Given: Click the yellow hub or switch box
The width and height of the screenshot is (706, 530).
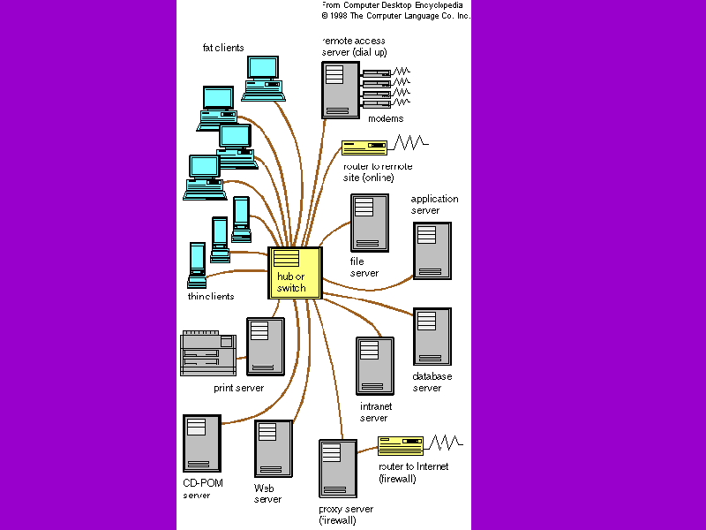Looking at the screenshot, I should (x=295, y=273).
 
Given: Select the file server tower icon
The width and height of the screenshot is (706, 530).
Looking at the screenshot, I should (x=370, y=223).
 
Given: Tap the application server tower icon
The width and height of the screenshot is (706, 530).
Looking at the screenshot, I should (x=432, y=250).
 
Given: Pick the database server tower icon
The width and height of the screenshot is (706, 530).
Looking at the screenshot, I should (x=432, y=337).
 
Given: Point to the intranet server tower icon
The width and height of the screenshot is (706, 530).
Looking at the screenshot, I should (x=374, y=366).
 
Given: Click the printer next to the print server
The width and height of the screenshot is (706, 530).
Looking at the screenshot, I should (x=208, y=352).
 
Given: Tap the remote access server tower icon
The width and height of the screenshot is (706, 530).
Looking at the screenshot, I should (x=341, y=89).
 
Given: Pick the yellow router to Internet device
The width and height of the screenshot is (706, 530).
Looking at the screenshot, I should (x=401, y=445).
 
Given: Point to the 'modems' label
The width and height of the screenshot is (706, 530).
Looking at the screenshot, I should (x=386, y=118).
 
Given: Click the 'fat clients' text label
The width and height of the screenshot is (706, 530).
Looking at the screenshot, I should (x=223, y=48).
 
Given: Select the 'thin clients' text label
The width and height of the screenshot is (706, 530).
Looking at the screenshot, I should (x=211, y=297).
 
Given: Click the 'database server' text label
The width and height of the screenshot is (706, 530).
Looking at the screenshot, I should (x=432, y=382).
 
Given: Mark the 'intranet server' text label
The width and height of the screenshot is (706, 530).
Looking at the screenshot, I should (x=375, y=412).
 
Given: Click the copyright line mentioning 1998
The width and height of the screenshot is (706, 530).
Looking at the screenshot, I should (x=395, y=16).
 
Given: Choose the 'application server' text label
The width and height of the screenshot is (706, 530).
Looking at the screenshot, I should (x=434, y=205).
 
